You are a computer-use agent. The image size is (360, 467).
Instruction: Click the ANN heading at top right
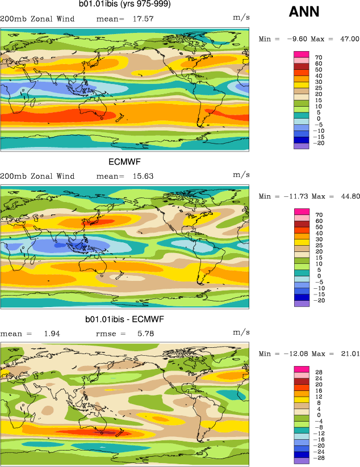tap(304, 11)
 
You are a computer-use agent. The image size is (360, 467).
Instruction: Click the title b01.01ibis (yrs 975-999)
tap(124, 5)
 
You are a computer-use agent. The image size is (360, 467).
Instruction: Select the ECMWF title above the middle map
tap(124, 162)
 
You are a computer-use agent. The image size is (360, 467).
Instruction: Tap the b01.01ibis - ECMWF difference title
tap(124, 319)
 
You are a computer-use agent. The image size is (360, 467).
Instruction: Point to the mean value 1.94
tap(52, 333)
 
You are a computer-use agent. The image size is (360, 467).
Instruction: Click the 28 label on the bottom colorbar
tap(319, 372)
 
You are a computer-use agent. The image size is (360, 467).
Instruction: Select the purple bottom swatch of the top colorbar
tap(300, 146)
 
